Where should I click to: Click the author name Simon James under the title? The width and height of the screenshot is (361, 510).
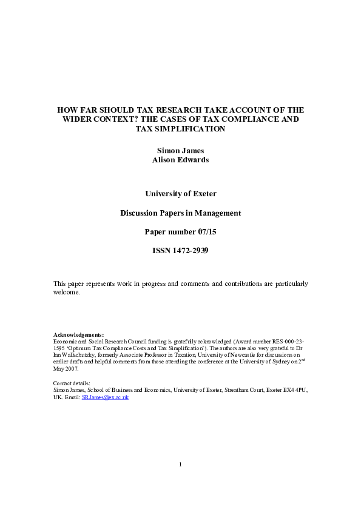coord(180,151)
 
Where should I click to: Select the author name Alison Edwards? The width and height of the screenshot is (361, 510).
coord(180,160)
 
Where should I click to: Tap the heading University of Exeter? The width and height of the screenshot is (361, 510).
coord(180,194)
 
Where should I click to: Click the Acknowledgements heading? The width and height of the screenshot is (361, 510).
coord(78,334)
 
